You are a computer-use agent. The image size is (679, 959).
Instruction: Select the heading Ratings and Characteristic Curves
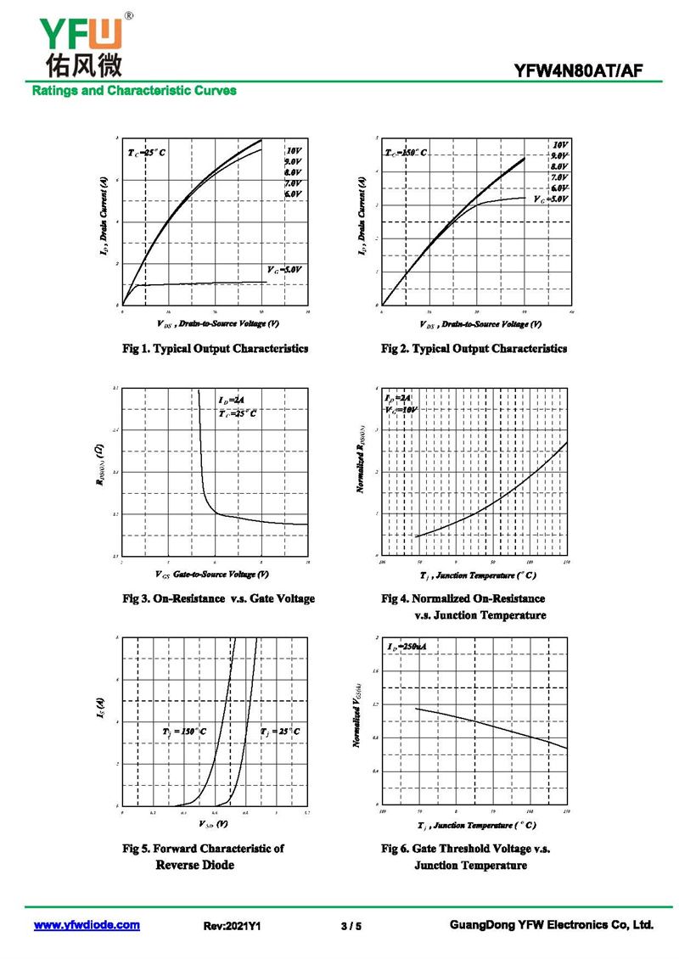(x=134, y=90)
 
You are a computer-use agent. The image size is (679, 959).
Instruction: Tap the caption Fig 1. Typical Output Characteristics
(x=216, y=349)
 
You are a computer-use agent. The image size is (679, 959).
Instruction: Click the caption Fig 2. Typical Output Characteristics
(x=474, y=349)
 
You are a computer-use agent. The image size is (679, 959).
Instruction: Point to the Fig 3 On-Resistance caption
(x=218, y=599)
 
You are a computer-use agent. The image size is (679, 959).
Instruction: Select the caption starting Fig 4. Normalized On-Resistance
(x=463, y=599)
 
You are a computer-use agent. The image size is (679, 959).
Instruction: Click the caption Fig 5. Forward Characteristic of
(x=204, y=849)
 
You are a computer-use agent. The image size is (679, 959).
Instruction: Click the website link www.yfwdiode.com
(x=87, y=925)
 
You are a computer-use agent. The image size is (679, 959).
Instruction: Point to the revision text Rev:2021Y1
(x=232, y=926)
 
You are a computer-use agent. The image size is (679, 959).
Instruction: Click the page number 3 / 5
(x=351, y=926)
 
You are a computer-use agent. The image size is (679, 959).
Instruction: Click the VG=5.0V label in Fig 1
(x=284, y=269)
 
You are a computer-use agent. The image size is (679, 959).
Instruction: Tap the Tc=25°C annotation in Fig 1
(x=147, y=153)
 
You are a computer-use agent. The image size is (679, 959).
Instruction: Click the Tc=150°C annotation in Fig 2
(x=406, y=153)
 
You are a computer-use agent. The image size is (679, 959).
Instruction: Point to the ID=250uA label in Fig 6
(x=407, y=648)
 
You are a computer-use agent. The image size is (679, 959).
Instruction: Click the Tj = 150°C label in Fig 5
(x=183, y=731)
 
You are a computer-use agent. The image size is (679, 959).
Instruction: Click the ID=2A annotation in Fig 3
(x=231, y=400)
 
